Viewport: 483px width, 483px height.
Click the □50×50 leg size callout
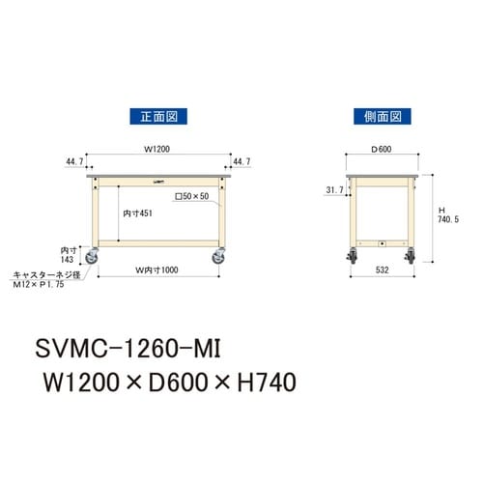191,196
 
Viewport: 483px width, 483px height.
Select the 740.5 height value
445,220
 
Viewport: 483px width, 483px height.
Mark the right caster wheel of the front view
218,257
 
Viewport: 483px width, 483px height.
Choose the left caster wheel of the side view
351,257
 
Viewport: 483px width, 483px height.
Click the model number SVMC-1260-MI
131,344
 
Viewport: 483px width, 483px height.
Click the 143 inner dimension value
68,259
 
